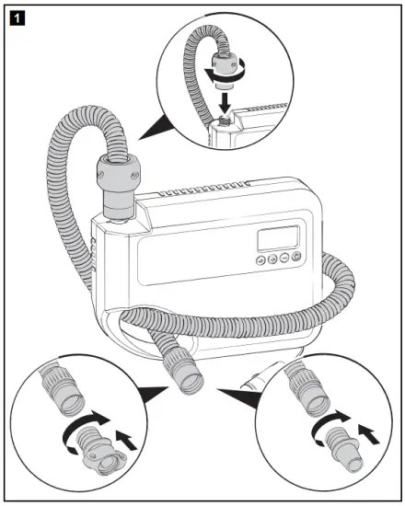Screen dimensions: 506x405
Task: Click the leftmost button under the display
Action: point(263,259)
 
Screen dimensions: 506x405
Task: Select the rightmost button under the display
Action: point(295,257)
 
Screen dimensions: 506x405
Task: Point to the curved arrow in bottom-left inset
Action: point(79,433)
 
